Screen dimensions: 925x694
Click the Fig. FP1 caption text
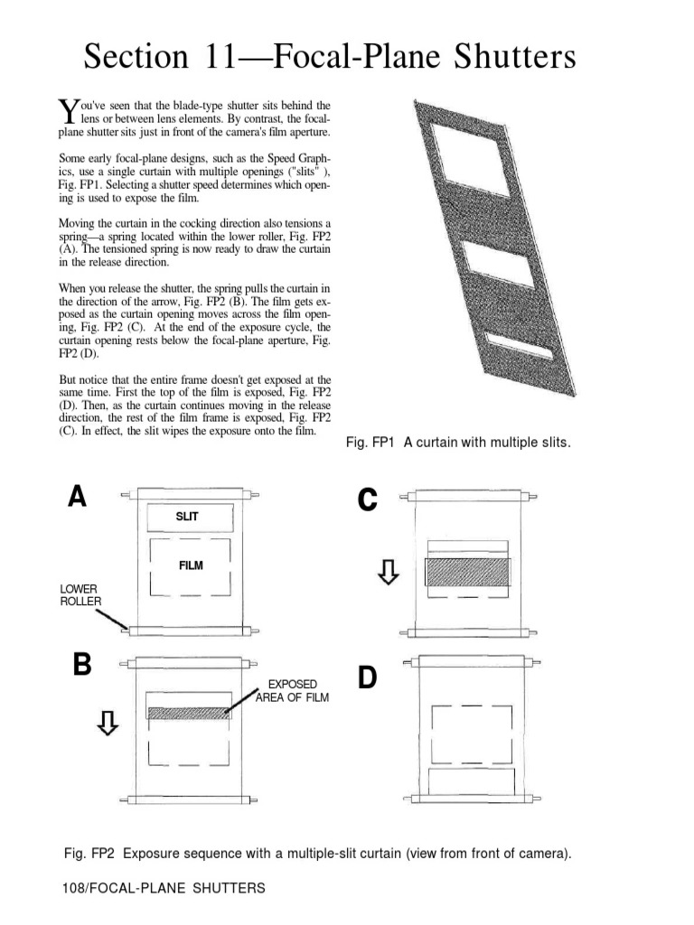coord(459,443)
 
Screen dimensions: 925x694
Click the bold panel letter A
coord(77,497)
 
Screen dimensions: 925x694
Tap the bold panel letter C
coord(367,499)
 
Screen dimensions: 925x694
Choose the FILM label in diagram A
coord(191,566)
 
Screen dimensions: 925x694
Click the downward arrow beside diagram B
coord(108,722)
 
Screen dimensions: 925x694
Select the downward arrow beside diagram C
coord(388,571)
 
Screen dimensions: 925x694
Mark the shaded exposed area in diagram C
coord(468,572)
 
